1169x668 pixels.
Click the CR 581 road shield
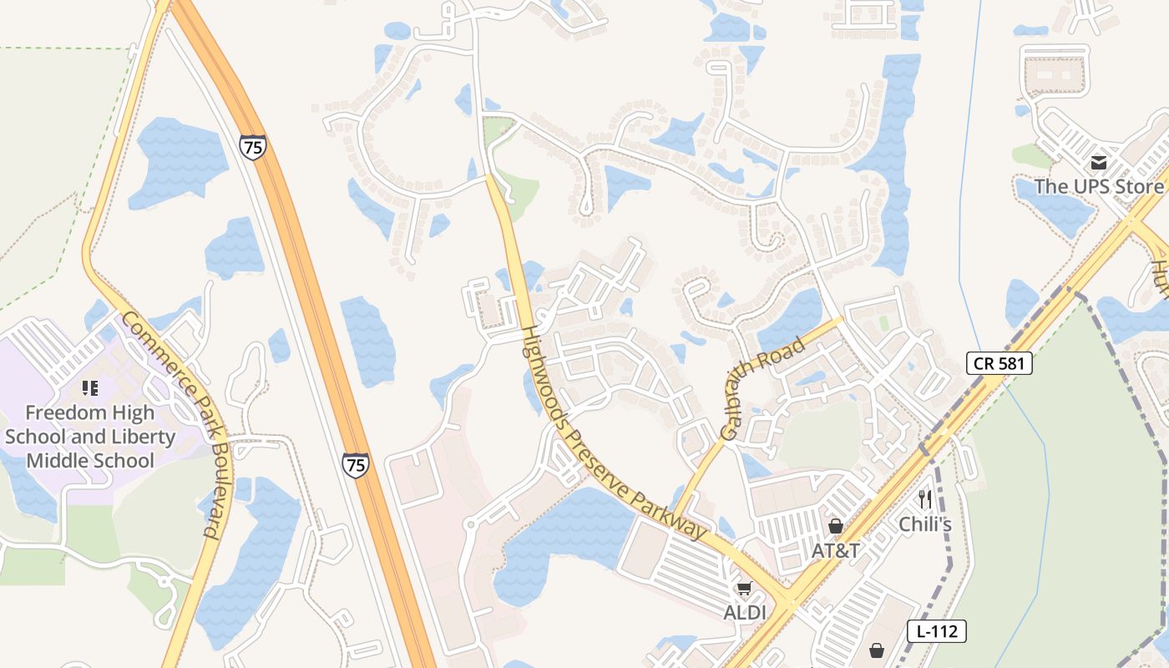pos(999,363)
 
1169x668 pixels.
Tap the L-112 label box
pos(936,631)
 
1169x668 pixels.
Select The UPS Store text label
pos(1098,186)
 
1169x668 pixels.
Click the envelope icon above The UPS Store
pos(1099,163)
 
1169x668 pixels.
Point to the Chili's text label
pos(925,524)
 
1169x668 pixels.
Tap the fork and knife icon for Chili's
pos(925,500)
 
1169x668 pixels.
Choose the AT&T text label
pos(836,551)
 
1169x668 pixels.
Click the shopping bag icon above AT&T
pos(835,526)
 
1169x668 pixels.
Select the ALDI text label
pos(744,613)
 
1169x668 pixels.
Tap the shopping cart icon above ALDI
pos(744,589)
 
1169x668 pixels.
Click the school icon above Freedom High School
pos(90,388)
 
